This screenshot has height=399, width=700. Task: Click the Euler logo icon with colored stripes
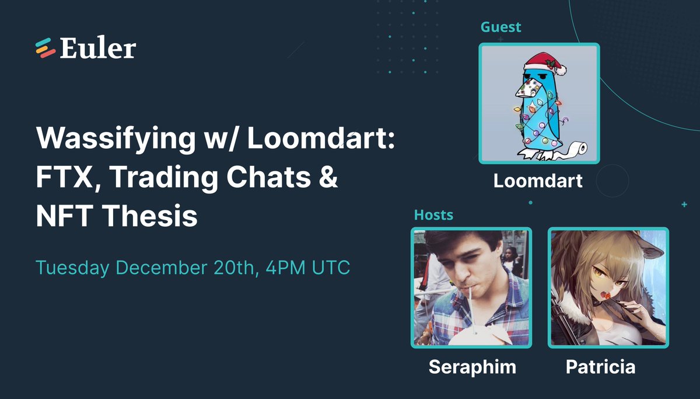pos(45,48)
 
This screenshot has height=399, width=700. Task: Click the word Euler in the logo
pos(97,48)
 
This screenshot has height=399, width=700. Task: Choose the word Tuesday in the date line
pos(73,268)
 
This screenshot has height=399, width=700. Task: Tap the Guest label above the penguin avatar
pos(501,27)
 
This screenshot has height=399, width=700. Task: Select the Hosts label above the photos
pos(433,215)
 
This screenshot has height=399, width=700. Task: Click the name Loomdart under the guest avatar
pos(538,181)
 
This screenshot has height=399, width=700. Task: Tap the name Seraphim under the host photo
pos(472,367)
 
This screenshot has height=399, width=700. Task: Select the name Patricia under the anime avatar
pos(600,367)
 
